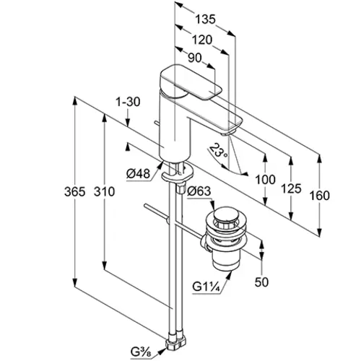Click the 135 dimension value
point(205,19)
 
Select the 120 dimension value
point(202,40)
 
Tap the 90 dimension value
point(194,58)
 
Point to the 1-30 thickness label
point(128,102)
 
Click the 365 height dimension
point(75,192)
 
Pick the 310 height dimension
point(104,192)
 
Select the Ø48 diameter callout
point(138,173)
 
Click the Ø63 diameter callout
point(199,191)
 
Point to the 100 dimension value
point(265,180)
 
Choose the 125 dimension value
point(291,188)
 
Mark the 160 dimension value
point(319,196)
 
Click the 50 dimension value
point(261,282)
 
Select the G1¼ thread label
point(206,287)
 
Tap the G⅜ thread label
point(142,352)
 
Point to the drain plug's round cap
point(225,214)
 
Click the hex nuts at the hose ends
point(176,341)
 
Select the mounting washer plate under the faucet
point(178,173)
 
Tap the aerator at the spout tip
point(227,134)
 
